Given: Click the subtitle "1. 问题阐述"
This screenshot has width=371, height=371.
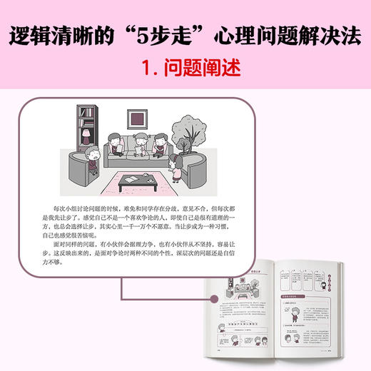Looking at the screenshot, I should [185, 67].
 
